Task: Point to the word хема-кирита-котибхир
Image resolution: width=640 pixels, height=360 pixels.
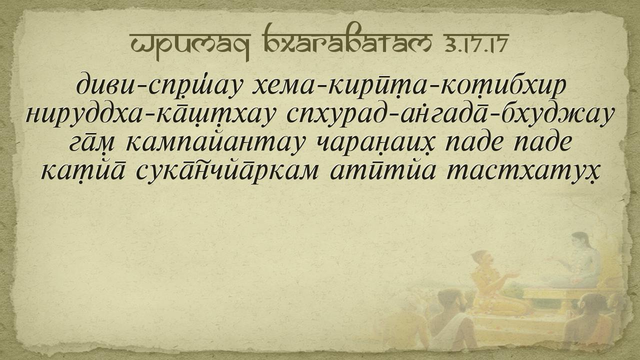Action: pos(409,85)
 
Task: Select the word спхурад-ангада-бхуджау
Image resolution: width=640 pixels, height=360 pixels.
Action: pos(450,115)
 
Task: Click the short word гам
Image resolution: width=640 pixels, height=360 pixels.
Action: pos(92,143)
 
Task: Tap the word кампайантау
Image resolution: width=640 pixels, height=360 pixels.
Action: pos(214,143)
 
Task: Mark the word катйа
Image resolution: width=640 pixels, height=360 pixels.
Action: pos(83,171)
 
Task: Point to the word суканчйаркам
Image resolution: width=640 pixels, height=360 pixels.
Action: pos(227,171)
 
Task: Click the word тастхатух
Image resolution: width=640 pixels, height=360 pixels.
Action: pos(522,171)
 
